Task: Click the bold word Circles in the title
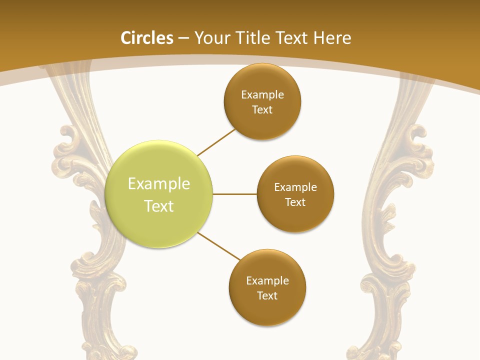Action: click(x=147, y=38)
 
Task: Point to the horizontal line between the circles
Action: click(x=235, y=194)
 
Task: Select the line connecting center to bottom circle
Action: click(x=219, y=246)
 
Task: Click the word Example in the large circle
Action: click(x=159, y=184)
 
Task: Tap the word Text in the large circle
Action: click(x=159, y=206)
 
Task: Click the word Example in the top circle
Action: click(x=262, y=94)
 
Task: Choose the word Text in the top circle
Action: click(x=262, y=109)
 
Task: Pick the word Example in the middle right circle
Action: click(x=295, y=187)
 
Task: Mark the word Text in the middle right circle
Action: click(x=295, y=202)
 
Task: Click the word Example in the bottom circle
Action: click(x=267, y=280)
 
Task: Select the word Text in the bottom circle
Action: click(x=267, y=295)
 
